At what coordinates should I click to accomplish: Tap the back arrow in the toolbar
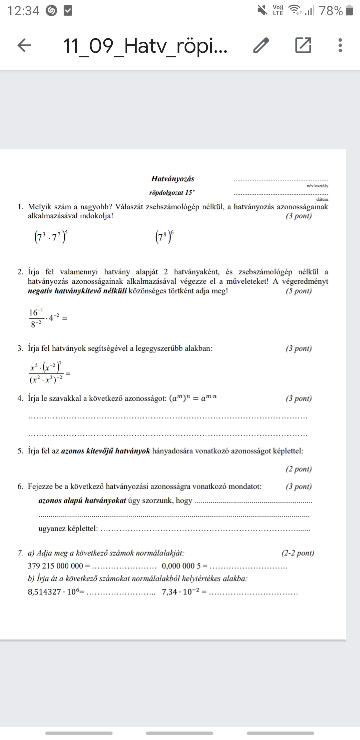(x=24, y=46)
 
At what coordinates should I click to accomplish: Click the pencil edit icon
(x=261, y=46)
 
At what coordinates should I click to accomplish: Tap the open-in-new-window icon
(x=303, y=45)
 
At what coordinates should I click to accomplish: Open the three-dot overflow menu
(x=340, y=45)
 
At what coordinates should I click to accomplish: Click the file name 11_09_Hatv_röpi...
(x=145, y=46)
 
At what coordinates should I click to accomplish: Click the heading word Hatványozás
(x=172, y=178)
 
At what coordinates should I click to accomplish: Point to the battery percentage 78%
(x=331, y=11)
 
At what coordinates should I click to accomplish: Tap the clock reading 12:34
(x=24, y=11)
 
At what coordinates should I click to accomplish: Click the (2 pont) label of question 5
(x=298, y=469)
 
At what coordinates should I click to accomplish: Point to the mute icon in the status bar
(x=262, y=10)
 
